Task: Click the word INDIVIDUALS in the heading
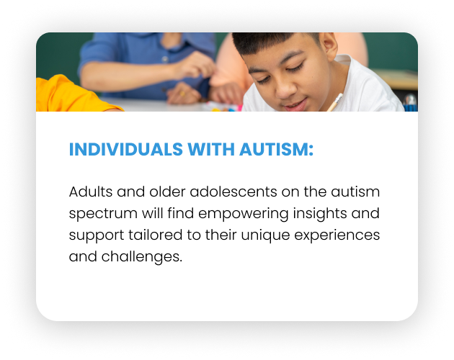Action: (125, 149)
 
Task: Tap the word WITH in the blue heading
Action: (211, 149)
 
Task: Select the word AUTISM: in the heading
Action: (277, 149)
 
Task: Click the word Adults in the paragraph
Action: (91, 192)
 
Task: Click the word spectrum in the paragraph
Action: (103, 214)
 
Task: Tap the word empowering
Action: (244, 214)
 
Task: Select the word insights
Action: (320, 214)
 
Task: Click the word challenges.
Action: (142, 257)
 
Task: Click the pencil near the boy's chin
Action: (335, 102)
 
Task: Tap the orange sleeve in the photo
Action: (75, 94)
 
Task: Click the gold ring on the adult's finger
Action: (182, 93)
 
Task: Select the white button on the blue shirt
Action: (165, 59)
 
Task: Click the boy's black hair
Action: (270, 42)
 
